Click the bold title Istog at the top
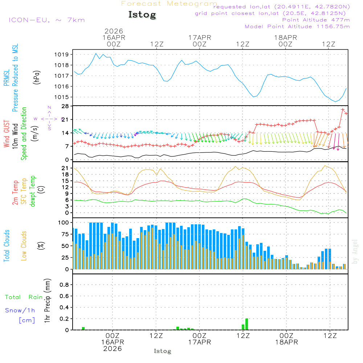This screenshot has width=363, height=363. point(142,15)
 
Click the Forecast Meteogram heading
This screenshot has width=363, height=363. point(169,4)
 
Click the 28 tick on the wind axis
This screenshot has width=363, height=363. point(65,106)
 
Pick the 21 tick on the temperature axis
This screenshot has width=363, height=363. point(65,168)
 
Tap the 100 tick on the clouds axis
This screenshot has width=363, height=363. point(64,222)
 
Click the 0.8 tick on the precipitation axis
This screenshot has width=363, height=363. point(64,285)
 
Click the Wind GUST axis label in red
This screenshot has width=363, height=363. point(7,134)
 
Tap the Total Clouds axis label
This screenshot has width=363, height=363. point(7,246)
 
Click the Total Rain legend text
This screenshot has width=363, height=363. point(24,297)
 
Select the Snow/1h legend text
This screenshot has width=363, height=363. point(20,310)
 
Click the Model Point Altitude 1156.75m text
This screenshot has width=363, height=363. point(297,26)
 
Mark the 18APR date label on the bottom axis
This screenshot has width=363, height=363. point(286,342)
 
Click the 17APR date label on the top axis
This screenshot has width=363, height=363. point(200,37)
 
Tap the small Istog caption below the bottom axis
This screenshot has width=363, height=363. point(162,351)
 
